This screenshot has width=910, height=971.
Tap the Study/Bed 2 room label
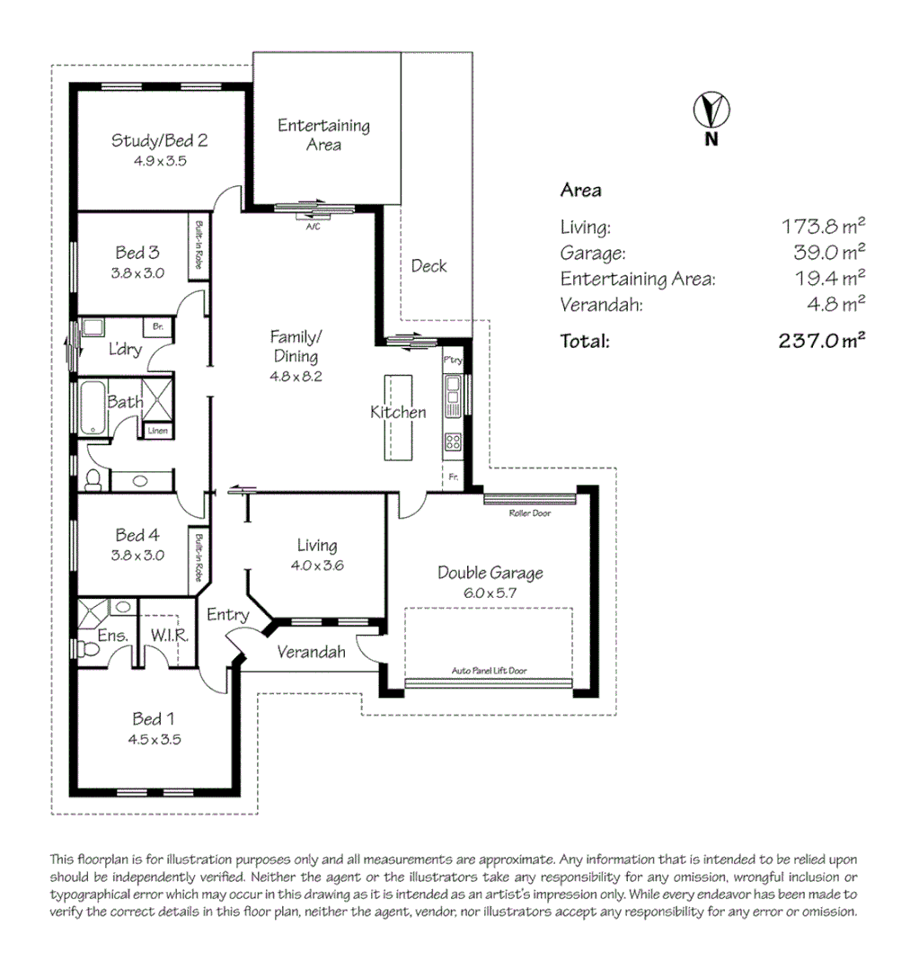160,140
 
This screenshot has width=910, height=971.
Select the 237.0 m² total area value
821,341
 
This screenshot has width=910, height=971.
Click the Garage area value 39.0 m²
824,253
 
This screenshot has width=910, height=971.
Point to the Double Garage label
490,573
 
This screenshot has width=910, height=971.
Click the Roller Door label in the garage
529,513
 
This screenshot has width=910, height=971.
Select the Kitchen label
398,413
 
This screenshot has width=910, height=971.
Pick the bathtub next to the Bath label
93,407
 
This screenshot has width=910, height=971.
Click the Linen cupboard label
157,432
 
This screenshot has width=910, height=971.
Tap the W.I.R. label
168,636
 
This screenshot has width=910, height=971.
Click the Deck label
428,266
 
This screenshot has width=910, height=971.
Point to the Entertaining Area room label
323,135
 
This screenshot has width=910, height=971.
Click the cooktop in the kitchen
453,441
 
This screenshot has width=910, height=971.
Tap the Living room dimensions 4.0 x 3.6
316,566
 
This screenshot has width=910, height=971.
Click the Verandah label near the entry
311,652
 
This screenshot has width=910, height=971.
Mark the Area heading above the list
580,191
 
